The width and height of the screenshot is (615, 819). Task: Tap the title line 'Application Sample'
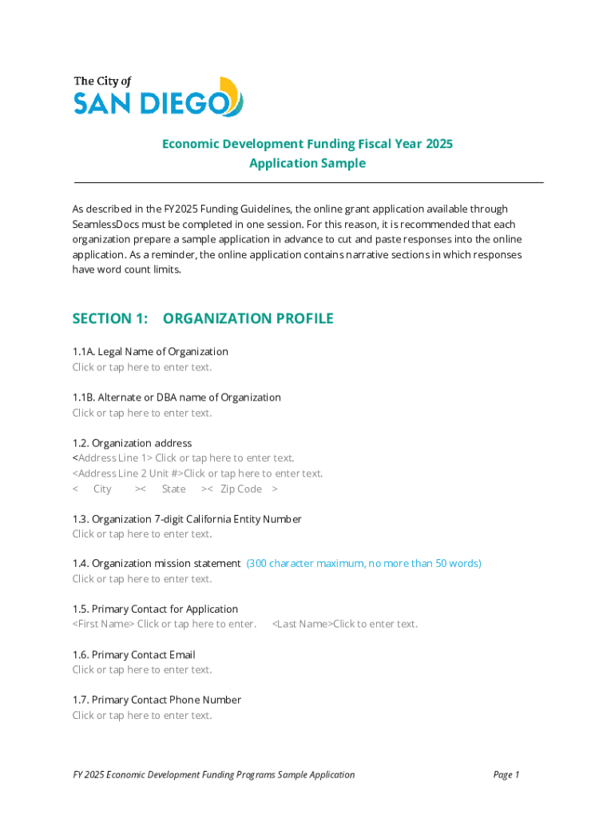pyautogui.click(x=307, y=163)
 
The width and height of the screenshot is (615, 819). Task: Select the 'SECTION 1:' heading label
pyautogui.click(x=110, y=318)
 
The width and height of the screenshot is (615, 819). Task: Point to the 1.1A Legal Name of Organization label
pyautogui.click(x=150, y=352)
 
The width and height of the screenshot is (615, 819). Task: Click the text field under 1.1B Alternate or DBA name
pyautogui.click(x=142, y=413)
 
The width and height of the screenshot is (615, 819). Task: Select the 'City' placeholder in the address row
pyautogui.click(x=102, y=489)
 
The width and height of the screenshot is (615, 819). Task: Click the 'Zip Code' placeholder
pyautogui.click(x=241, y=489)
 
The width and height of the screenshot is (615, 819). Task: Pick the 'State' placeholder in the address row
pyautogui.click(x=173, y=489)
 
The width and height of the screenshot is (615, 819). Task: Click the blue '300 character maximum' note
pyautogui.click(x=363, y=564)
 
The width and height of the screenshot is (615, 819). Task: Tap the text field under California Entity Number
pyautogui.click(x=142, y=533)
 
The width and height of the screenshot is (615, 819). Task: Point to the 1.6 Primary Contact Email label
pyautogui.click(x=134, y=655)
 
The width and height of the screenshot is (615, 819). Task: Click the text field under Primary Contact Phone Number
pyautogui.click(x=142, y=715)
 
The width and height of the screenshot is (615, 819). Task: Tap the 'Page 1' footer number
pyautogui.click(x=506, y=774)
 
